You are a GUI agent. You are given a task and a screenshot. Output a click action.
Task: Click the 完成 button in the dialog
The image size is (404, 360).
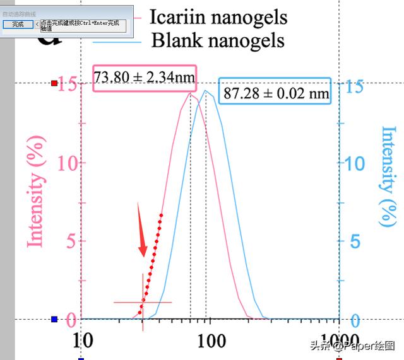point(18,24)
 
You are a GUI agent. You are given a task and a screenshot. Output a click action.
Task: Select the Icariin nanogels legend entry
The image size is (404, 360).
point(218,17)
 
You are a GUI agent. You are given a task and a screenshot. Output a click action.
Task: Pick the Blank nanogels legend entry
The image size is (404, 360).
point(218,40)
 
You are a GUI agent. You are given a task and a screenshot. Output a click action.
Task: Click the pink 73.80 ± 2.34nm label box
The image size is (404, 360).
point(145,78)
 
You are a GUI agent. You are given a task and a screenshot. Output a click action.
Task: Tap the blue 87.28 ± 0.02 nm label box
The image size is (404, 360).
point(276,93)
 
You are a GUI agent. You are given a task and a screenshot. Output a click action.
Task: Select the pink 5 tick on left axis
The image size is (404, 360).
point(73,241)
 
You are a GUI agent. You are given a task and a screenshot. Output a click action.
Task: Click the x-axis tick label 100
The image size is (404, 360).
point(211,341)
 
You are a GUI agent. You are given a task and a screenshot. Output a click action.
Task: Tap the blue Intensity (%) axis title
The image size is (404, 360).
point(388,177)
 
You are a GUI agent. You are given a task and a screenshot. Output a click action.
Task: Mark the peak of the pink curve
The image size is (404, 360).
point(189,93)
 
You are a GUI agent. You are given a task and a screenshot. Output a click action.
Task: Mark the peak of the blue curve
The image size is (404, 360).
point(206,91)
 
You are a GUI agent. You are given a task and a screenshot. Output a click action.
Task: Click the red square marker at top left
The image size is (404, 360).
point(54,83)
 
